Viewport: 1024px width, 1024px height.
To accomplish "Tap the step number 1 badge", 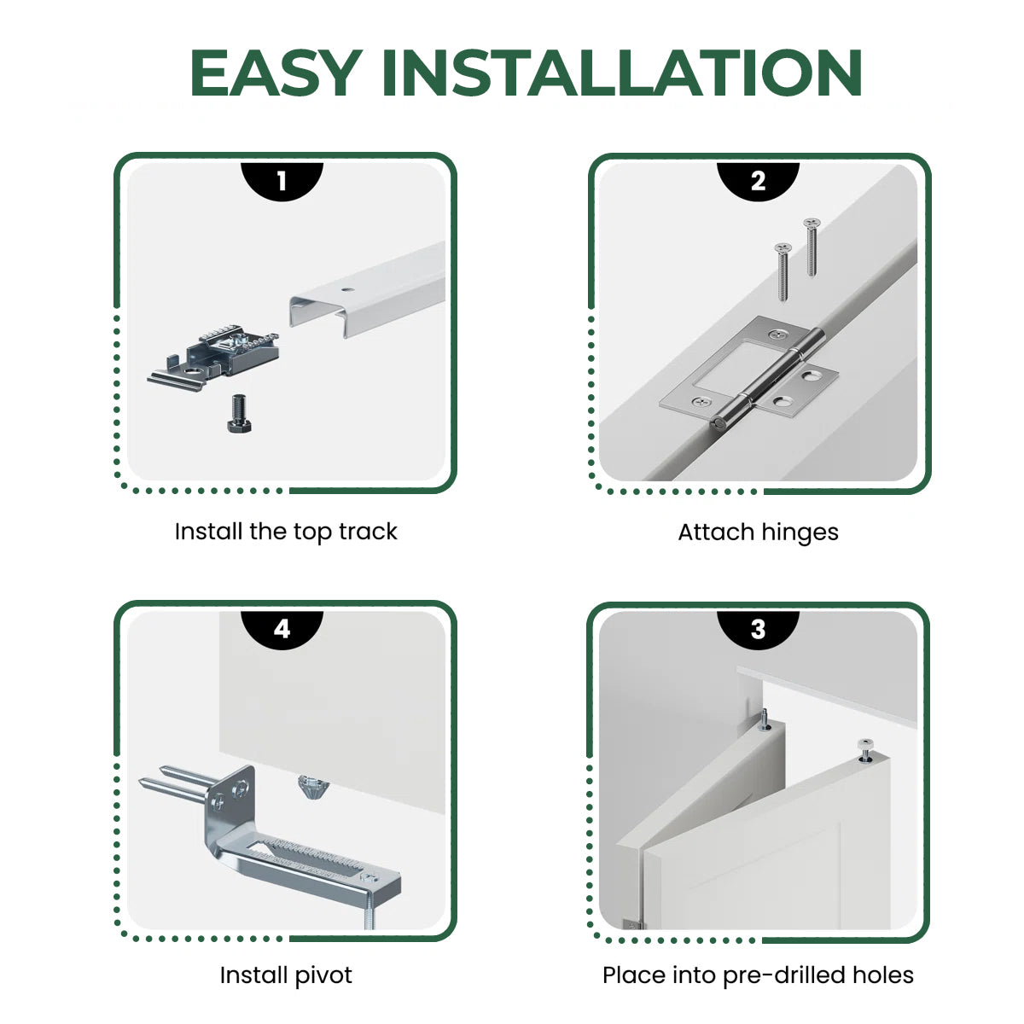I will (x=282, y=180).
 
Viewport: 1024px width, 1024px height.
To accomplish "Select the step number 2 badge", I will (x=758, y=180).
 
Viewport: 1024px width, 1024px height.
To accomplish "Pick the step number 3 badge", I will (x=758, y=629).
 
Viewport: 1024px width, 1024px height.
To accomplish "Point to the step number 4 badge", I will (x=282, y=629).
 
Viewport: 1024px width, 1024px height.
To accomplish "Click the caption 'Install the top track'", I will (x=286, y=532).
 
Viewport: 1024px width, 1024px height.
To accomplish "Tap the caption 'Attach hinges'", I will (x=758, y=532).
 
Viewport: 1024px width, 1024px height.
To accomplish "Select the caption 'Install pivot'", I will (x=286, y=975).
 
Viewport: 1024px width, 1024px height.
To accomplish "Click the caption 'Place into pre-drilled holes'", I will (x=758, y=975).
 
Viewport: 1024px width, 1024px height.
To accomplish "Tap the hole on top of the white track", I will (x=346, y=289).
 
